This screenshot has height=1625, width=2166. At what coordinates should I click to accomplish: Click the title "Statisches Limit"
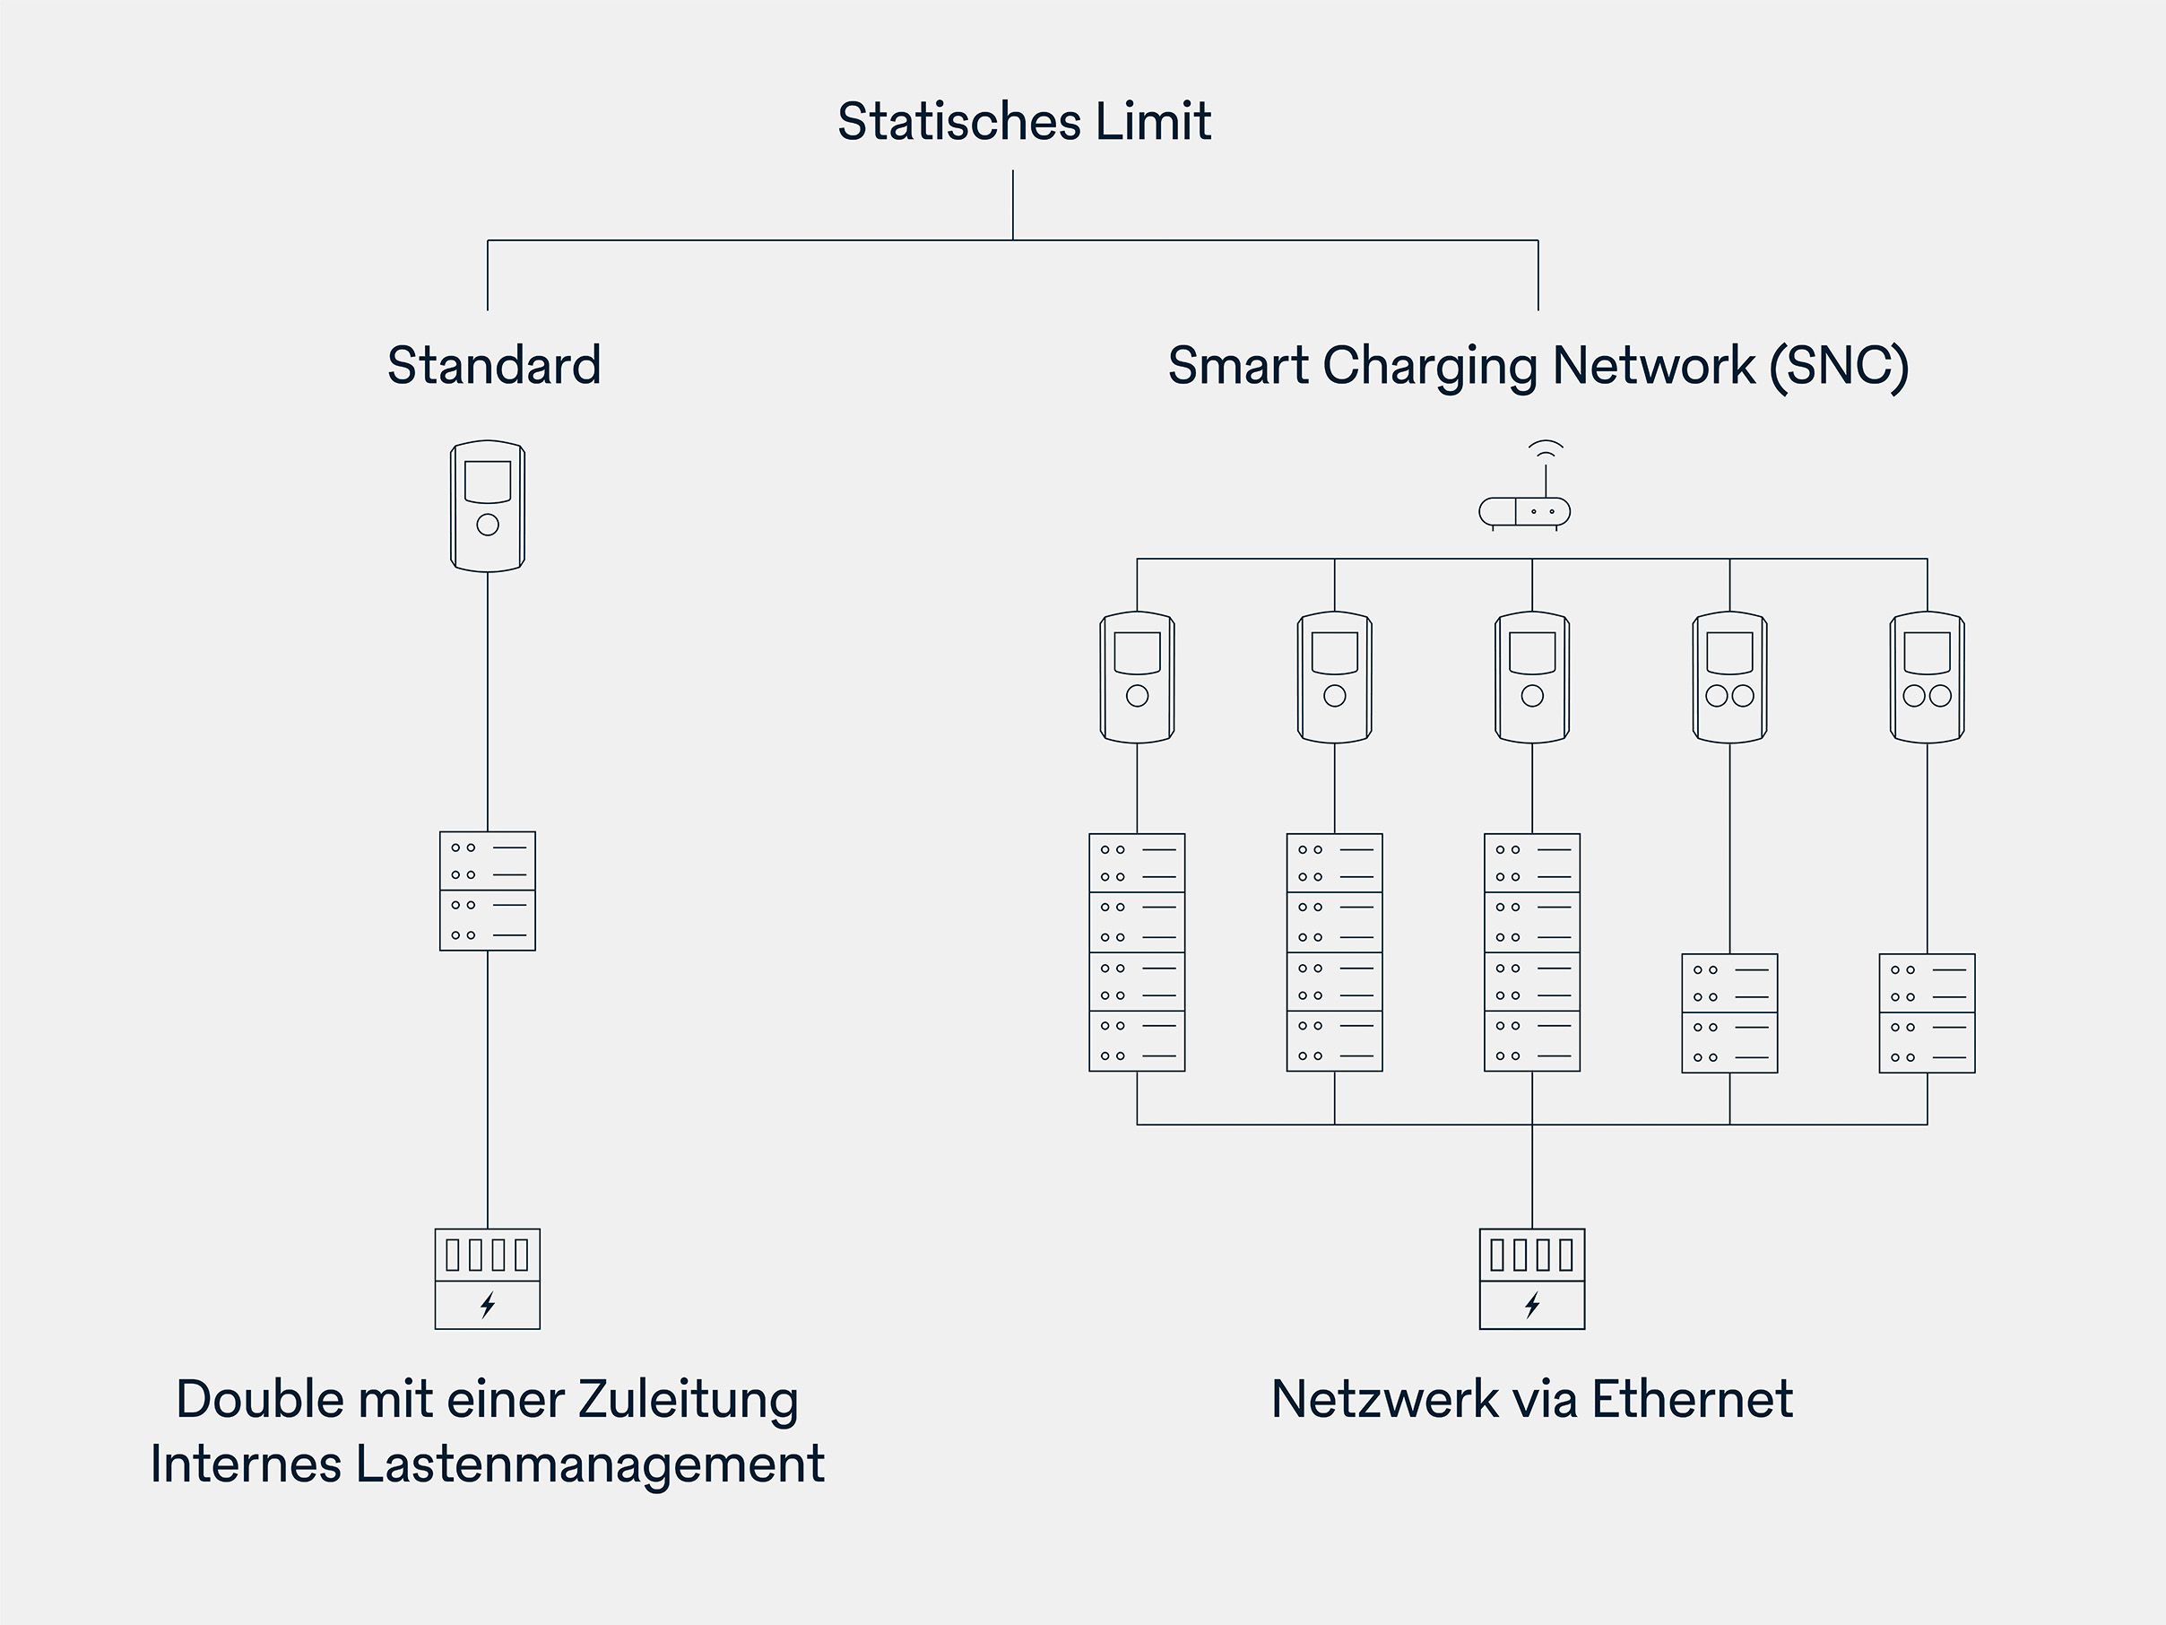[1023, 121]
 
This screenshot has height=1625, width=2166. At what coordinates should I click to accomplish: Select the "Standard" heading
[493, 365]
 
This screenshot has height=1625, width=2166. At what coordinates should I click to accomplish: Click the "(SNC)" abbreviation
[1838, 365]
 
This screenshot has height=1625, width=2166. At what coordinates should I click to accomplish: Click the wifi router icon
[1525, 509]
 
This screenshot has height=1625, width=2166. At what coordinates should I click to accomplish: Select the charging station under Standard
[488, 506]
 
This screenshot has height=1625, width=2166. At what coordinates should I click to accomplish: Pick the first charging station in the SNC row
[1137, 677]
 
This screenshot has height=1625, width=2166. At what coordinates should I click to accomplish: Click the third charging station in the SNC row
[1531, 677]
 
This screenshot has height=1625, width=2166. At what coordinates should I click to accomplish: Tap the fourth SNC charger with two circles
[1729, 677]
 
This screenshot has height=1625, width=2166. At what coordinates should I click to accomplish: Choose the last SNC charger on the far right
[1926, 677]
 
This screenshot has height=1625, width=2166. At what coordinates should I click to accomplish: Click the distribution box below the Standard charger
[488, 891]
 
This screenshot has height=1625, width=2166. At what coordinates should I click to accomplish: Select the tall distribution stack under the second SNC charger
[1334, 952]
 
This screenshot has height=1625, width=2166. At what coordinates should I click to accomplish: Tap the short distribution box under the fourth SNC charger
[1729, 1012]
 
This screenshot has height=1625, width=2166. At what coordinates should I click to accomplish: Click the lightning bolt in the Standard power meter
[488, 1305]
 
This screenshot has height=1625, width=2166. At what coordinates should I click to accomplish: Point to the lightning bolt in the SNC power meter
[1531, 1305]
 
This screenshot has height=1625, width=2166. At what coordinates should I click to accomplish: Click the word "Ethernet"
[1692, 1399]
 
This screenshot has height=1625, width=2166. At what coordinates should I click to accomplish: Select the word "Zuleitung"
[688, 1399]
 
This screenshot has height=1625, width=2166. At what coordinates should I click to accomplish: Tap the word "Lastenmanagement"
[590, 1464]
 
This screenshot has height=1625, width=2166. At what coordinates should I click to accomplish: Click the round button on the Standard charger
[488, 525]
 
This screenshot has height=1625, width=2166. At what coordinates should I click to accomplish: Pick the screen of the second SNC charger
[1334, 652]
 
